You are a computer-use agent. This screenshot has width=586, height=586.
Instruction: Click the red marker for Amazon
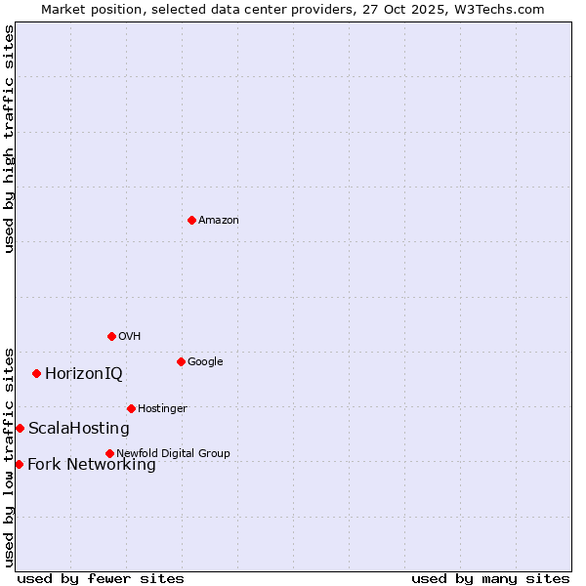191,220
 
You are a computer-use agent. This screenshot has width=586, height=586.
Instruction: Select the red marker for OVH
111,336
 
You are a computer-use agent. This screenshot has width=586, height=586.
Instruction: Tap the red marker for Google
181,361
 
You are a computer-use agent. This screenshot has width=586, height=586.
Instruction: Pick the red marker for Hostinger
131,408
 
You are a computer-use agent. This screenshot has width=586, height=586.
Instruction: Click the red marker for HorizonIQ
36,373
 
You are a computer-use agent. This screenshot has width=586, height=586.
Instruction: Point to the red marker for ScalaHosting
20,428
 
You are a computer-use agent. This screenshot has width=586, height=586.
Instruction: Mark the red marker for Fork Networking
19,464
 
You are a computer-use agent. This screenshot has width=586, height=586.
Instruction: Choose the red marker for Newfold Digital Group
109,453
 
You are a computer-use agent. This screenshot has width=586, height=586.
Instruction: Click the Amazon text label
219,221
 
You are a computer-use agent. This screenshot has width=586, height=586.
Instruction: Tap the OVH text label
130,337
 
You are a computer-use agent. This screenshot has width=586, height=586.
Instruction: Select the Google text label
205,362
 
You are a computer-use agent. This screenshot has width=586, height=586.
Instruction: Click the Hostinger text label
162,409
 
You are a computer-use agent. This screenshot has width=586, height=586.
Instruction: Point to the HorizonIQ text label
84,374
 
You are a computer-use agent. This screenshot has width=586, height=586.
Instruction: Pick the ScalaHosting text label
79,429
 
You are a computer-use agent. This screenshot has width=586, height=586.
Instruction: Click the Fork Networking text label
92,465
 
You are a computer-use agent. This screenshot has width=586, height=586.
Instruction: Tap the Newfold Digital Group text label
173,454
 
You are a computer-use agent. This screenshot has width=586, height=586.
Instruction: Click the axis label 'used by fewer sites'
101,578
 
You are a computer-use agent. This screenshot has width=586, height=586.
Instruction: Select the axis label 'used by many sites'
490,578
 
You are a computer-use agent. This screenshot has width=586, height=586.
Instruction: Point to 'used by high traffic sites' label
9,139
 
